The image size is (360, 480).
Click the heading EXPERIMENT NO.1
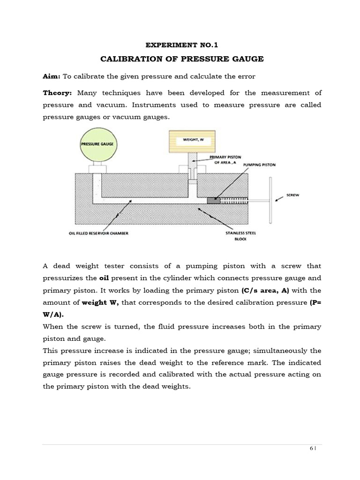182,45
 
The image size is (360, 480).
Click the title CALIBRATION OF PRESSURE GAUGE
182,59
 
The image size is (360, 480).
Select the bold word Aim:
50,76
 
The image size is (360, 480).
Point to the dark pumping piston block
213,200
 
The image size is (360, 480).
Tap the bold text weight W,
100,303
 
